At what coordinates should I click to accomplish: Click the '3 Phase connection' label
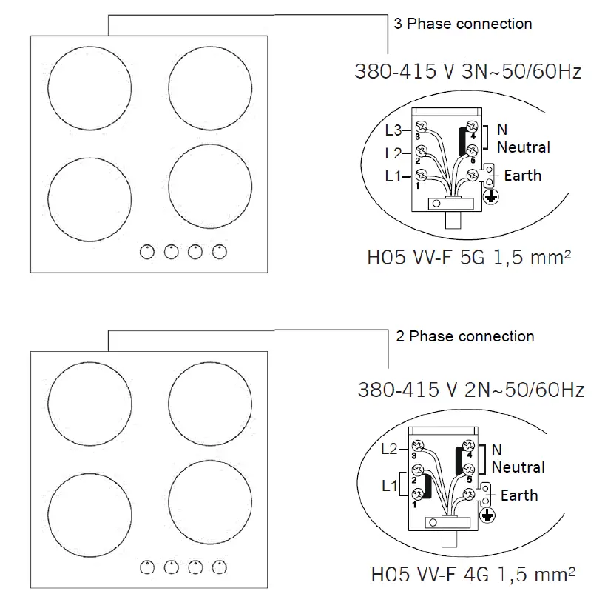point(462,24)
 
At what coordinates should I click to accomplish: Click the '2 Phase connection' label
point(464,336)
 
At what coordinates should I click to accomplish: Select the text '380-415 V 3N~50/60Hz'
point(467,72)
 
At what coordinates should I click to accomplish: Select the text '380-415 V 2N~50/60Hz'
point(470,390)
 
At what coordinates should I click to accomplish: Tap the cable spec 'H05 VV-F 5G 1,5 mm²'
point(471,258)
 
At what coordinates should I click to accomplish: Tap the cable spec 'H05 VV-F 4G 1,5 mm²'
point(473,574)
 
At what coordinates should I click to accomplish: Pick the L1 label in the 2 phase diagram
point(389,487)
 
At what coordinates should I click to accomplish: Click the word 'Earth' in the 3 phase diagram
point(522,176)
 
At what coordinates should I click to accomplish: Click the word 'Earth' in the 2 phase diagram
point(519,495)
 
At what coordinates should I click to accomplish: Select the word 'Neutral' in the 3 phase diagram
point(524,147)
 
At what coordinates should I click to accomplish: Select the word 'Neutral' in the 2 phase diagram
point(518,467)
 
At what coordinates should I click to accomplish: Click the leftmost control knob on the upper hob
point(147,252)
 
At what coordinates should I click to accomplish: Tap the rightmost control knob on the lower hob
point(218,568)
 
